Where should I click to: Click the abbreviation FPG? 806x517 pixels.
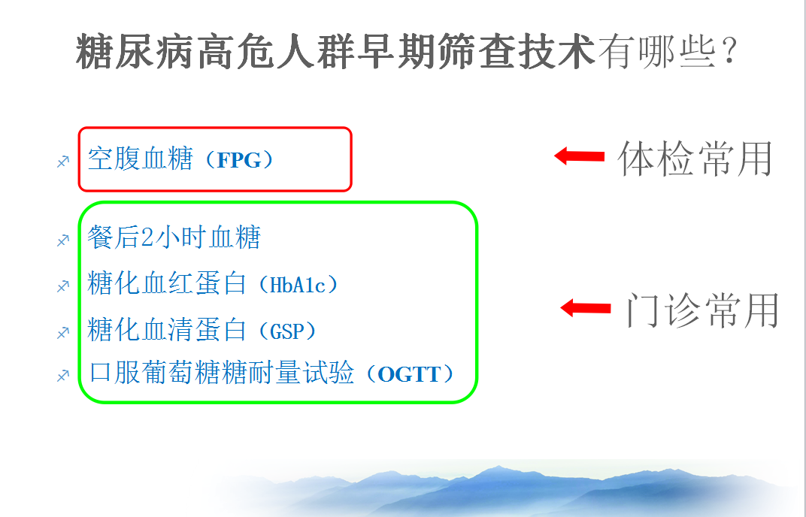239,160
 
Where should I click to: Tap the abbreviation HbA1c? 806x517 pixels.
298,286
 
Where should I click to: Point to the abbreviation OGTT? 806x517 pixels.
409,374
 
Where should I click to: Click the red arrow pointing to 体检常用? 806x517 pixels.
579,156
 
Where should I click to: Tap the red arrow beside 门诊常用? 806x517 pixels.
586,308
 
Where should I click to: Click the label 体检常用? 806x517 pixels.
695,159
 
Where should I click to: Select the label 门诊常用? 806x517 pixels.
702,310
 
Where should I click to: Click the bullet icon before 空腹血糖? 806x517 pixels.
62,162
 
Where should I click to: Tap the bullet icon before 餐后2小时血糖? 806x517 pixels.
62,240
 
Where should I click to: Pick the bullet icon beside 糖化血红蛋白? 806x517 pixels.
62,286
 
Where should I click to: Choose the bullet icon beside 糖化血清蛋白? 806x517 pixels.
62,332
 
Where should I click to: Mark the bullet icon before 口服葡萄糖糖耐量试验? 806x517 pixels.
62,376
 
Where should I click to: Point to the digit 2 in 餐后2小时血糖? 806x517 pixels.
147,237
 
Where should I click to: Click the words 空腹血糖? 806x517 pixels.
140,159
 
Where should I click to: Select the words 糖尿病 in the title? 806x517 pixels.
135,51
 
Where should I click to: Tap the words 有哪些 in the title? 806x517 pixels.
657,51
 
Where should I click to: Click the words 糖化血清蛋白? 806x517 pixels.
167,329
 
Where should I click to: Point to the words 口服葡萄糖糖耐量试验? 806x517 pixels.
222,373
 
